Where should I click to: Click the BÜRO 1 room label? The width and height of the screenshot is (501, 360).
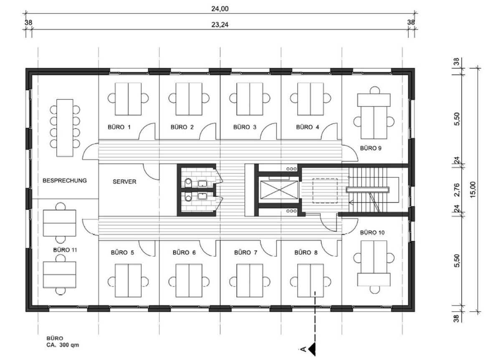(119, 127)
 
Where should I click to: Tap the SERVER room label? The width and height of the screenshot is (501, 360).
(124, 182)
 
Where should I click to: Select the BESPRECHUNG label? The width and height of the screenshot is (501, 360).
(65, 181)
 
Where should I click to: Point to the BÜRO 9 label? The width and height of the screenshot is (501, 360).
(371, 148)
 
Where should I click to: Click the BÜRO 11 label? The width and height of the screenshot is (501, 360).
(65, 250)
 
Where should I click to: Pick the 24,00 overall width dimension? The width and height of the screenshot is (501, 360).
(220, 9)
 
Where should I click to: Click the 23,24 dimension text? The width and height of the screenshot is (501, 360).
(220, 25)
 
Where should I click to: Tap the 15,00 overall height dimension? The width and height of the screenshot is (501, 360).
(473, 190)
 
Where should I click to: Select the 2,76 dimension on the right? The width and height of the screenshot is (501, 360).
(457, 190)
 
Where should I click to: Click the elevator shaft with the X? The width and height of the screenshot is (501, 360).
(279, 190)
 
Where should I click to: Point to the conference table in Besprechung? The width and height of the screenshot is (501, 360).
(65, 128)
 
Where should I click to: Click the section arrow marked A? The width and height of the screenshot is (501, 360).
(312, 349)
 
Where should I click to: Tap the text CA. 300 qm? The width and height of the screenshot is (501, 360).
(63, 345)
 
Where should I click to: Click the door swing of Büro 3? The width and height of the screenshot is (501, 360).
(268, 131)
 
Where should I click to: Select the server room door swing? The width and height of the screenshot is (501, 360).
(151, 172)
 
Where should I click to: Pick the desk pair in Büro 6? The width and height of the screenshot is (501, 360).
(189, 280)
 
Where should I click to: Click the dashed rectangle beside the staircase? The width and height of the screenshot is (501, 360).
(325, 191)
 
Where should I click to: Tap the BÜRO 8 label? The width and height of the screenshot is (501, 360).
(306, 252)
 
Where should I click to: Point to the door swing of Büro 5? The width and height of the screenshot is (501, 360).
(147, 248)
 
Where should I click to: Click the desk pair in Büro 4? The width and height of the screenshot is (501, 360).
(311, 99)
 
